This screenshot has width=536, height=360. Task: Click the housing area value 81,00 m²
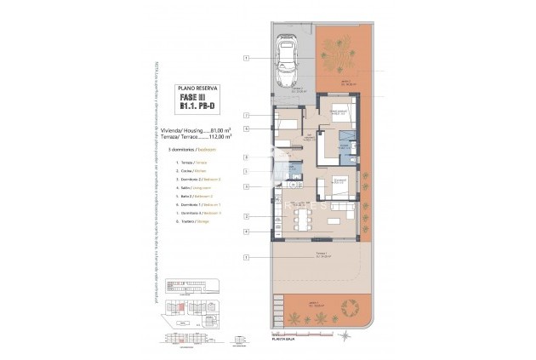tap(220, 129)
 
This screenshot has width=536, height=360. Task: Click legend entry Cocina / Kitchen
tap(192, 171)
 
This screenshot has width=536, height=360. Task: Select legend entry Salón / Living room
tap(193, 188)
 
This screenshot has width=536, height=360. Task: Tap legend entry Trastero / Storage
tap(192, 221)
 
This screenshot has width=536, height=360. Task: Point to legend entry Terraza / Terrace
tap(191, 163)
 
